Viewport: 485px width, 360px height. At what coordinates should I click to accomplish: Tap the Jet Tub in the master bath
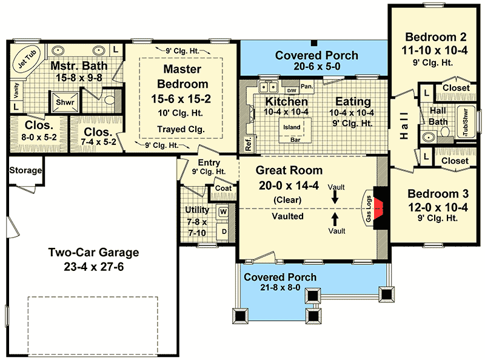coord(27,59)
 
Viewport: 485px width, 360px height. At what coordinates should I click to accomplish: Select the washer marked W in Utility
coord(223,212)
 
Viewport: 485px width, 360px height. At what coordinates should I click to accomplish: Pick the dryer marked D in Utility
coord(224,232)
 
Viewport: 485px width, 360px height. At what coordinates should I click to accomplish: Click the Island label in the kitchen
coord(292,127)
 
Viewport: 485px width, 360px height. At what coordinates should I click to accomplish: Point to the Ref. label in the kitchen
coord(249,144)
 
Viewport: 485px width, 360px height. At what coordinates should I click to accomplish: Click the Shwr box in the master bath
coord(65,102)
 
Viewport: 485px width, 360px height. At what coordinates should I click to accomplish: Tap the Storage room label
coord(25,170)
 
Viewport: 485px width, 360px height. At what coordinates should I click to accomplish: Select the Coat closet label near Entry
coord(223,188)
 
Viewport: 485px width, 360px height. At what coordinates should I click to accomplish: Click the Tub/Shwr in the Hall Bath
coord(466,122)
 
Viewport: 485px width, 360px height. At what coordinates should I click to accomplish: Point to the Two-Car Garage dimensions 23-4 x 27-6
coord(94,267)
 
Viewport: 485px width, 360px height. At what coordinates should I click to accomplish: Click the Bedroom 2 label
coord(435,37)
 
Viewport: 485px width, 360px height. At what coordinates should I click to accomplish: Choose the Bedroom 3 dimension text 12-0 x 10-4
coord(438,207)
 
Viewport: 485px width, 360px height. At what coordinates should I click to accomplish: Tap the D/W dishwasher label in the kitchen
coord(292,91)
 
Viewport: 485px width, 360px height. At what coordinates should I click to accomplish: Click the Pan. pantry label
coord(307,86)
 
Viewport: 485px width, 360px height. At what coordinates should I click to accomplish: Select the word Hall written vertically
coord(404,125)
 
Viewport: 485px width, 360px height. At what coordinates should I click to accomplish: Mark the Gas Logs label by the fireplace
coord(369,208)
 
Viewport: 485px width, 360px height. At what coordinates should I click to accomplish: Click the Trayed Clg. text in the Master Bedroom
coord(181,129)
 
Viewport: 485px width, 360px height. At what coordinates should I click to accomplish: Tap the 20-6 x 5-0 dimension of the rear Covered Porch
coord(317,66)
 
